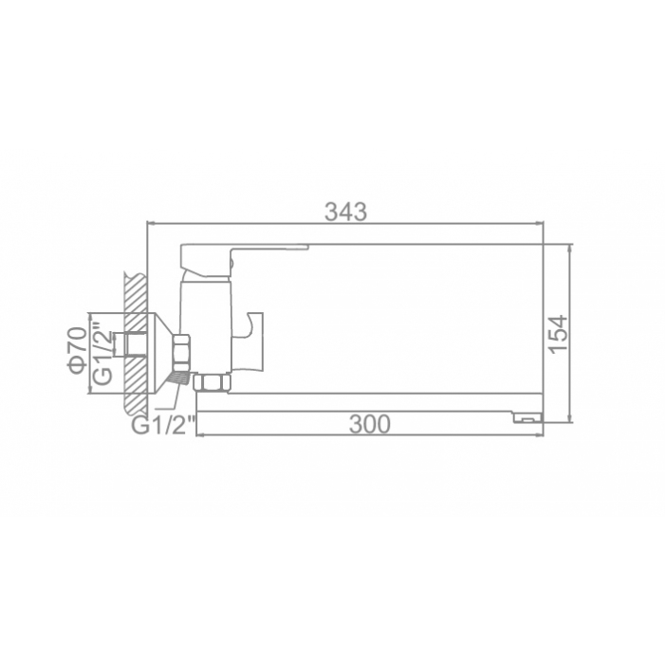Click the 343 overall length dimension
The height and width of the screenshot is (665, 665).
pyautogui.click(x=345, y=212)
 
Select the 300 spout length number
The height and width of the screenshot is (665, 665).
pyautogui.click(x=369, y=424)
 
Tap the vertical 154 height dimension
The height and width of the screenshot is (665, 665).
pyautogui.click(x=557, y=333)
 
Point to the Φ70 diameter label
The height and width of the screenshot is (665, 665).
pyautogui.click(x=78, y=351)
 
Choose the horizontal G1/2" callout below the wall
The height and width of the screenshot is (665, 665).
pyautogui.click(x=164, y=425)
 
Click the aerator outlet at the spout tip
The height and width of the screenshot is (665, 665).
pyautogui.click(x=528, y=418)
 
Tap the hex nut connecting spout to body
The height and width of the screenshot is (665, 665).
pyautogui.click(x=212, y=382)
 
